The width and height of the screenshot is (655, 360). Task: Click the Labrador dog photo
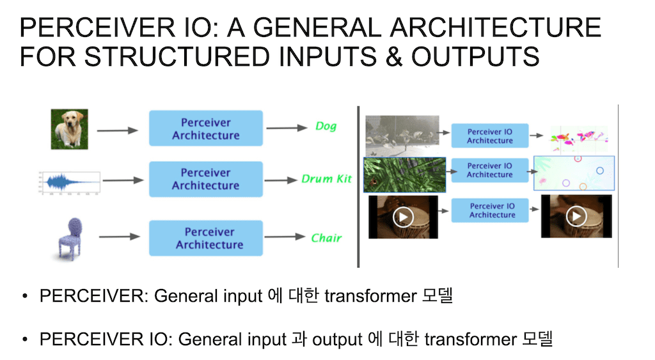coord(69,130)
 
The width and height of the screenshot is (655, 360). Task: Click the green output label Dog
coord(326,126)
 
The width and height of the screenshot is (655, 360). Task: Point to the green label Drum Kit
coord(326,179)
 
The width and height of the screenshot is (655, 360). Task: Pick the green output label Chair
coord(326,238)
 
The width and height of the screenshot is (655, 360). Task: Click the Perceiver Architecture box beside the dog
coord(206,129)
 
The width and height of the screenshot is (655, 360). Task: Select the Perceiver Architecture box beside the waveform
coord(206,179)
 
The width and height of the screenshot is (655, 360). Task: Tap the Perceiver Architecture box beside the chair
coord(210,238)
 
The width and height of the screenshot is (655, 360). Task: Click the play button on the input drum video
coord(402,217)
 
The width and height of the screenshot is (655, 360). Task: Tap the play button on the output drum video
coord(576,217)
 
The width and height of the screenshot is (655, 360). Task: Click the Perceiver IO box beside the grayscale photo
coord(490,136)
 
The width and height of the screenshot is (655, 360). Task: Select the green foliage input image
coord(404,175)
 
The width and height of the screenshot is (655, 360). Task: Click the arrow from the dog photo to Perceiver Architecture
coord(117,130)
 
